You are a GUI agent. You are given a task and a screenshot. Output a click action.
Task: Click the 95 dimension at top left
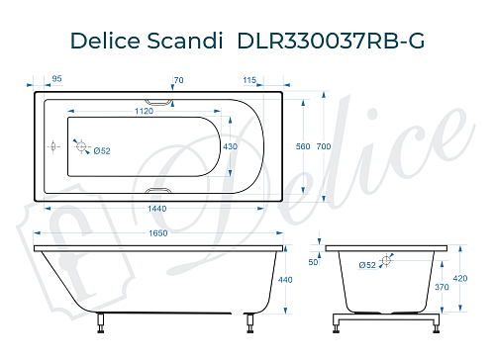(57, 78)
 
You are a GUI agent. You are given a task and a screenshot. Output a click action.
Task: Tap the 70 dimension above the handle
(178, 78)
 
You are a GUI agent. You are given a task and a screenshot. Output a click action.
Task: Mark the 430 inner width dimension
(231, 145)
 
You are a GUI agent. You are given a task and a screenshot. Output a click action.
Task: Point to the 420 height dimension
(458, 279)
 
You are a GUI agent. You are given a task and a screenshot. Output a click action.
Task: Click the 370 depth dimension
(445, 287)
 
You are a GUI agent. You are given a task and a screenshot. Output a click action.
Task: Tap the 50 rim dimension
(314, 262)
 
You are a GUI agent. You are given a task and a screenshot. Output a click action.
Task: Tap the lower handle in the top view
(157, 191)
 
